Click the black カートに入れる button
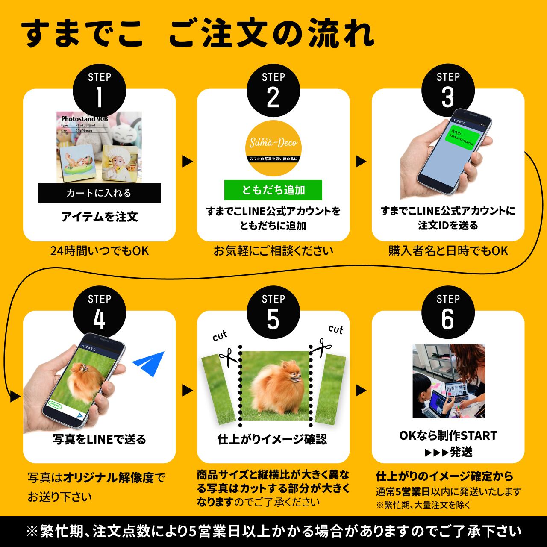point(99,193)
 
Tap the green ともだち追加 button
point(273,190)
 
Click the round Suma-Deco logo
point(273,143)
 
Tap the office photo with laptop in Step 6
point(448,381)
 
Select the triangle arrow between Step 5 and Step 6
point(361,390)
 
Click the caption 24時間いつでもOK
point(99,251)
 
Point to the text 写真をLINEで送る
point(99,439)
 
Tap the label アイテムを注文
point(99,217)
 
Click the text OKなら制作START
point(448,435)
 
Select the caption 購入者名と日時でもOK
point(448,251)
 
